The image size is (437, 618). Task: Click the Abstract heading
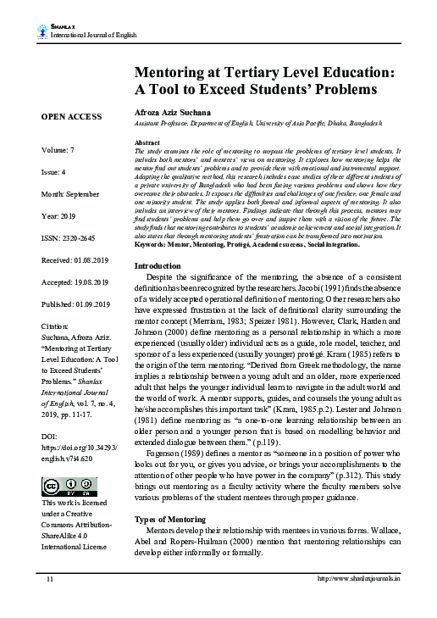pos(148,142)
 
